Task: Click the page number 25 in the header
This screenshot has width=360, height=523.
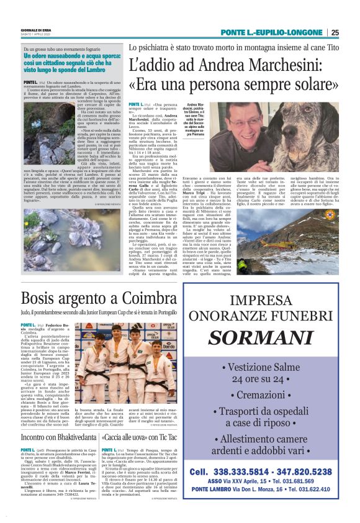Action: click(335, 32)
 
